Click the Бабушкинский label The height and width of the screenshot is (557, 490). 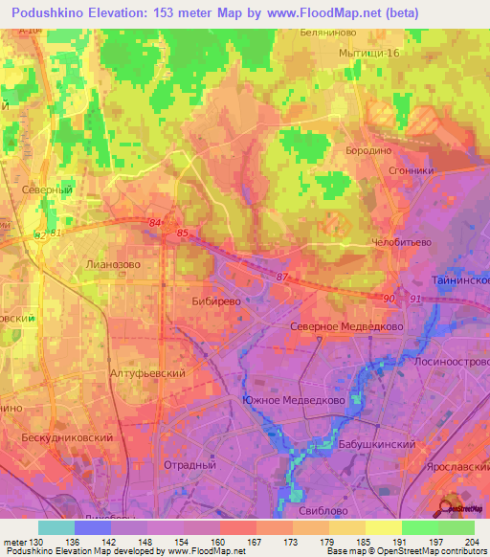375,445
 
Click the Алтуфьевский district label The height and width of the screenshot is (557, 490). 146,373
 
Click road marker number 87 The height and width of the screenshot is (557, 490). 280,277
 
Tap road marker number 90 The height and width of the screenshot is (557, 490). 389,299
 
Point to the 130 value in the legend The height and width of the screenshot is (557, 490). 38,543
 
